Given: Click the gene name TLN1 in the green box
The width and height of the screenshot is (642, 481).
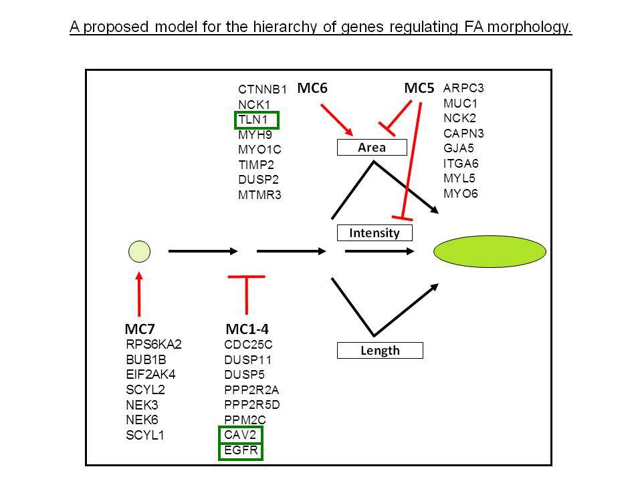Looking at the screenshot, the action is coord(253,120).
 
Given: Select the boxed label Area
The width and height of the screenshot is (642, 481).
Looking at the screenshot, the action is coord(372,147).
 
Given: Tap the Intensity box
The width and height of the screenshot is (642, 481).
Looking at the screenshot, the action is coord(374,232).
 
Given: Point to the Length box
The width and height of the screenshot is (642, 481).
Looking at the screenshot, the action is coord(380,351).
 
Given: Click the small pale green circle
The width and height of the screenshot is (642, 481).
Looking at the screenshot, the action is coord(139,251).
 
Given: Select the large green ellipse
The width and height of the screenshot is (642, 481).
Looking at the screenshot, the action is coord(490,251).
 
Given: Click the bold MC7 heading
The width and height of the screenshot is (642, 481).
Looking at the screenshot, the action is coord(140,329).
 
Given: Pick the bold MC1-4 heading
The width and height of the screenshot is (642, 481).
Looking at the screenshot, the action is coord(247,329).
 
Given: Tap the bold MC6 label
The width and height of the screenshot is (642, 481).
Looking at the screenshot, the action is coord(312,88).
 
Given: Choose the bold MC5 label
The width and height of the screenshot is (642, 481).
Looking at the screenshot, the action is coord(419,88).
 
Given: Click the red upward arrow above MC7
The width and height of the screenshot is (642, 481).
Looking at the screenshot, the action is coord(139,294).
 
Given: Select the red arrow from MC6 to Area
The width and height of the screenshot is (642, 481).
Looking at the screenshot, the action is coord(336,120).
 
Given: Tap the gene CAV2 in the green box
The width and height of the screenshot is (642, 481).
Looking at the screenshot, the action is coord(240,434).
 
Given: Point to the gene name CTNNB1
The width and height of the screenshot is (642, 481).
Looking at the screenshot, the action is coord(262,89).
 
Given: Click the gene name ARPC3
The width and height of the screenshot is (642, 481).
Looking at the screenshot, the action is coord(463,88).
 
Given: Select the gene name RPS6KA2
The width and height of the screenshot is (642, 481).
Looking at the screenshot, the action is coord(154,345).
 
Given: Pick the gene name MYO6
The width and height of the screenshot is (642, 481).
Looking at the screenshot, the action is coord(461,194).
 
